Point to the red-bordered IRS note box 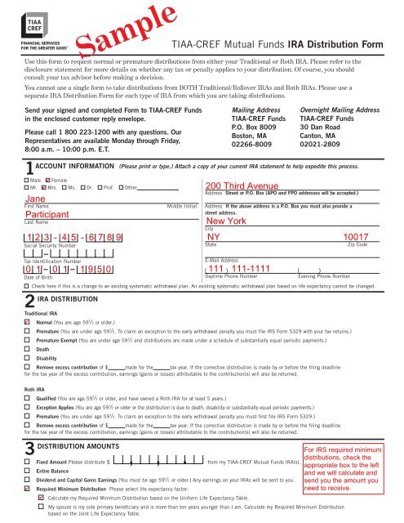(x=357, y=469)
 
